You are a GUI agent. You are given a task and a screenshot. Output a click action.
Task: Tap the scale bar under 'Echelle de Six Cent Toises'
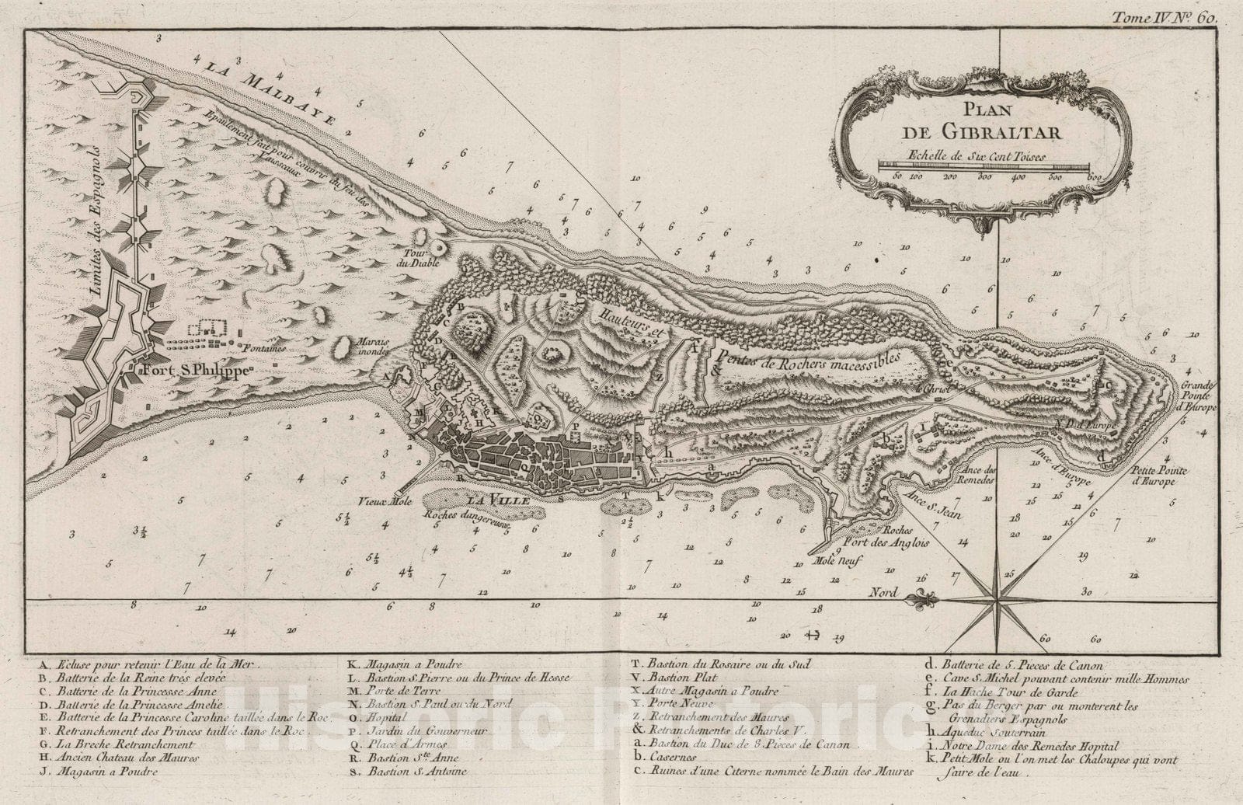click(x=984, y=166)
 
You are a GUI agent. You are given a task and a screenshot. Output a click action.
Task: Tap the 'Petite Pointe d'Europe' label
click(x=1154, y=476)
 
